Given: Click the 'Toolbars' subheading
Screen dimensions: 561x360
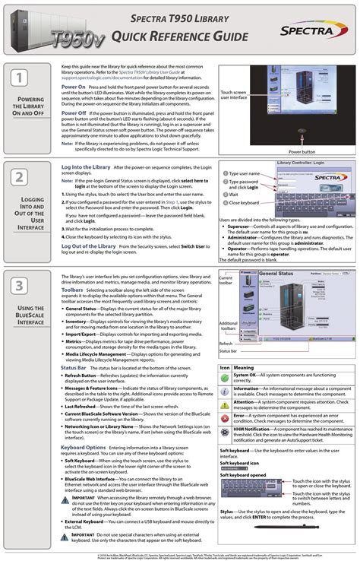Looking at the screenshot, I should click(x=72, y=290).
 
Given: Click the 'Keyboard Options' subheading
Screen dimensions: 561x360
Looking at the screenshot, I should click(x=83, y=447).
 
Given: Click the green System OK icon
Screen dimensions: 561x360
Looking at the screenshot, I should click(x=225, y=377).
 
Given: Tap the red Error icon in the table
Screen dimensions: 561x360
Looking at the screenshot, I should click(x=225, y=418).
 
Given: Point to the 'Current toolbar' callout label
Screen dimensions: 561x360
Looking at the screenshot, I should click(x=228, y=282).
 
